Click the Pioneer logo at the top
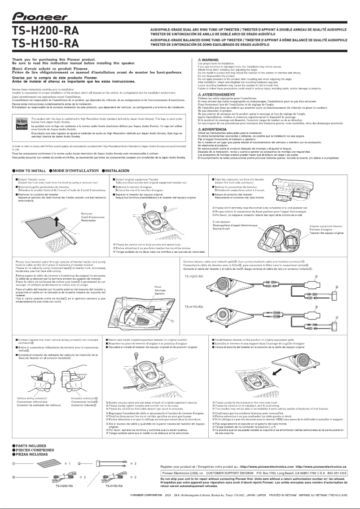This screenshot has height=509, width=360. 40,16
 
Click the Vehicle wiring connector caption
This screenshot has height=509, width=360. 33,398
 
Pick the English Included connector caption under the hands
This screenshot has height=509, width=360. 84,398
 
